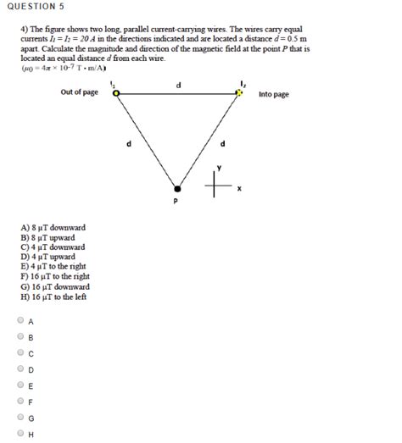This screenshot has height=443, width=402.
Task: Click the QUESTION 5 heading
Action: tap(36, 7)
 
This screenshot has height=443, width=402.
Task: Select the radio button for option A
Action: tap(20, 321)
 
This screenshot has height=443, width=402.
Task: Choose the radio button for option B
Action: tap(20, 336)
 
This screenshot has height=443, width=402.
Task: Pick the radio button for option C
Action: tap(20, 352)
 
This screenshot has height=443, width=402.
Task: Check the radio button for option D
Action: tap(20, 369)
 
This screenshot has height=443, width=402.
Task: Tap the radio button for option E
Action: tap(20, 385)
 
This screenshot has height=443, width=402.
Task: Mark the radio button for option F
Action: tap(20, 401)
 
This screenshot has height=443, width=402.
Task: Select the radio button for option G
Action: tap(20, 418)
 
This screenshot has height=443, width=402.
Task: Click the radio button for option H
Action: tap(20, 434)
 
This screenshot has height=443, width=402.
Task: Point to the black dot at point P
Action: tap(176, 188)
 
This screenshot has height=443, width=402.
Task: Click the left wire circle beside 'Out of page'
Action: tap(116, 93)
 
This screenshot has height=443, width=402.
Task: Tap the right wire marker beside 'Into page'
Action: tap(238, 93)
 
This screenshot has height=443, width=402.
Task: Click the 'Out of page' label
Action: tap(79, 92)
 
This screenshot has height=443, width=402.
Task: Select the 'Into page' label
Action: tap(273, 94)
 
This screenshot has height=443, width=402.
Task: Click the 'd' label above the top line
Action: tap(178, 85)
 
